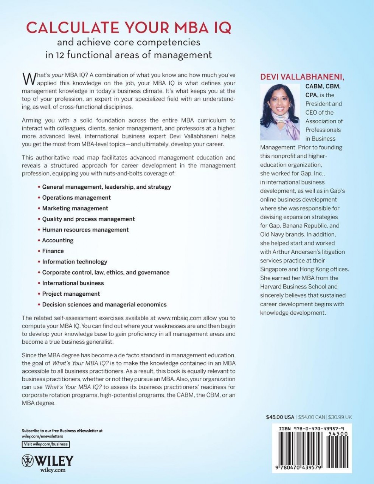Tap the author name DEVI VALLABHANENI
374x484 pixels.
coord(302,77)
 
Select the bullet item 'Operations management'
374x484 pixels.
coord(76,197)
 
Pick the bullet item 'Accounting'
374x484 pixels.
coord(58,240)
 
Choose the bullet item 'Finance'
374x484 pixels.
coord(53,251)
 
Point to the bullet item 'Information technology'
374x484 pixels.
coord(74,262)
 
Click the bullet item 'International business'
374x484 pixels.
coord(73,283)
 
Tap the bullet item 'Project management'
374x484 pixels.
coord(71,294)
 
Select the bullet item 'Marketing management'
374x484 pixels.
coord(75,208)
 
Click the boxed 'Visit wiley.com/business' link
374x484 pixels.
coord(46,444)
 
